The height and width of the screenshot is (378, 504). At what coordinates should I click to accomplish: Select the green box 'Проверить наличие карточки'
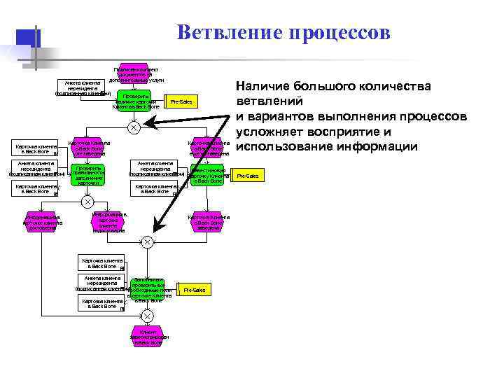pos(136,101)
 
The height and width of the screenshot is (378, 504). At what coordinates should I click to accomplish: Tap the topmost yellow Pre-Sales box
pos(181,102)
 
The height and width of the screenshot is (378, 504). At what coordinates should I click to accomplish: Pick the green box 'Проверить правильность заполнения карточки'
pos(87,174)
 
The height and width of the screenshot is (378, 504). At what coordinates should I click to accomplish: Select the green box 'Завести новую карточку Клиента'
pos(209,175)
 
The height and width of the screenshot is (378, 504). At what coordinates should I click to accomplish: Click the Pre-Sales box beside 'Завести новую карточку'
pos(248,176)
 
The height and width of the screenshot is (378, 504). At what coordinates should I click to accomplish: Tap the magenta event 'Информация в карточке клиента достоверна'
pos(43,222)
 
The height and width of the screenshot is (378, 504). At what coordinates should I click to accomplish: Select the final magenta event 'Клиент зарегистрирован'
pos(148,337)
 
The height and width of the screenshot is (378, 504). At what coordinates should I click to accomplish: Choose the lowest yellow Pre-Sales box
pos(194,290)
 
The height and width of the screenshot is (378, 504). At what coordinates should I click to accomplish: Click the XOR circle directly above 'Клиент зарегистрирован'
pos(148,316)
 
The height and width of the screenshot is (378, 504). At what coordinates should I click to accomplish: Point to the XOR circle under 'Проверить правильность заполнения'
pos(87,202)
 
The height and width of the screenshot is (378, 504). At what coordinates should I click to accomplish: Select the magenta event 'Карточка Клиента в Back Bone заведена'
pos(209,221)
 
